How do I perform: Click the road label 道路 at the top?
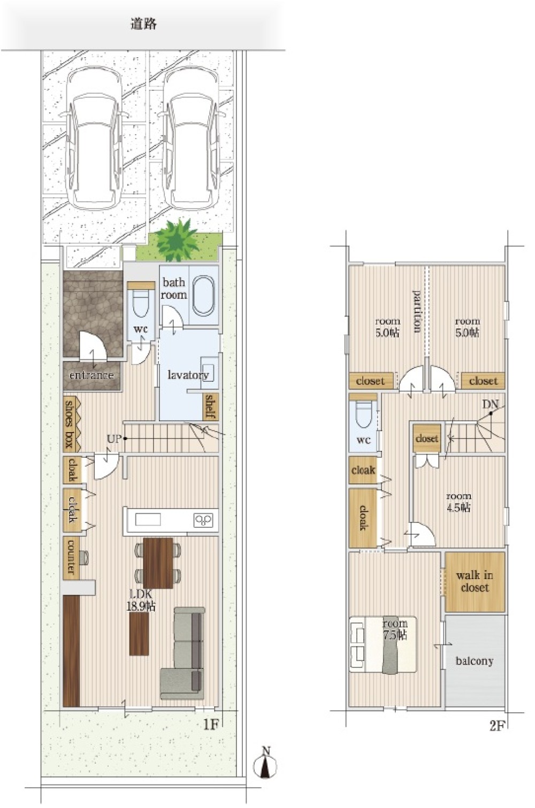click(143, 24)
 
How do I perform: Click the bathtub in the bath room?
click(203, 295)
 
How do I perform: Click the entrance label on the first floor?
click(91, 375)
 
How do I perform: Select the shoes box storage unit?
click(71, 424)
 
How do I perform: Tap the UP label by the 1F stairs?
click(114, 439)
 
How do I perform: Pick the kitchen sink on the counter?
click(148, 520)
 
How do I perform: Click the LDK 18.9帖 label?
click(141, 600)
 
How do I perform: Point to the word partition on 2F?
click(417, 311)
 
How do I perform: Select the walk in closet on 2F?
click(475, 582)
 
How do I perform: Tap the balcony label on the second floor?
click(474, 661)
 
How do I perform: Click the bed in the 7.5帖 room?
click(383, 644)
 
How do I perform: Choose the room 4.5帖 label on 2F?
click(458, 502)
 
